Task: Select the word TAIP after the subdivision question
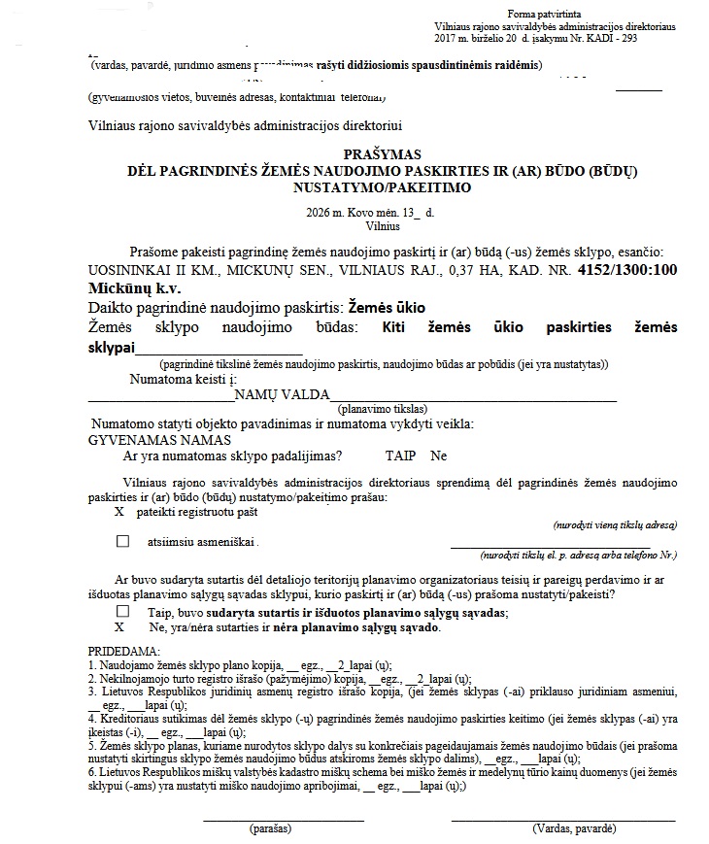point(399,456)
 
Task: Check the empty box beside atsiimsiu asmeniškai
point(122,541)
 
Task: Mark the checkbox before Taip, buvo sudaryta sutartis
point(122,612)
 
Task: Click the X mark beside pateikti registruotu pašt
point(119,511)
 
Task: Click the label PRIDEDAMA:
point(126,649)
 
